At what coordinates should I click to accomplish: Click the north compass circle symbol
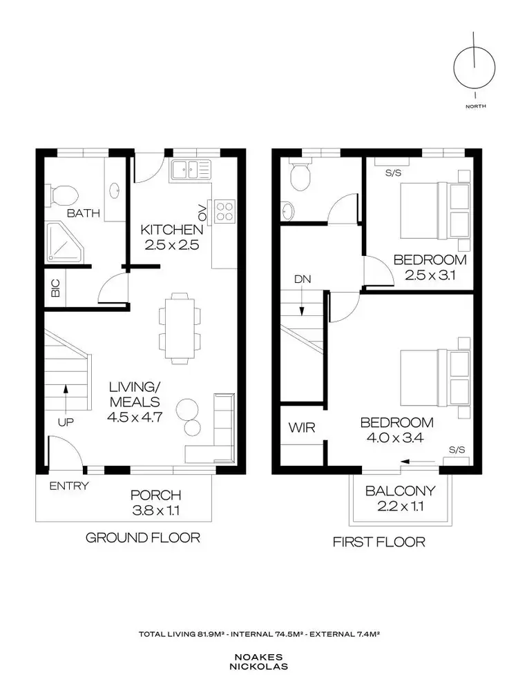475,68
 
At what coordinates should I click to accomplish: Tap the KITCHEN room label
172,229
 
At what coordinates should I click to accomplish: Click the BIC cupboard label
56,288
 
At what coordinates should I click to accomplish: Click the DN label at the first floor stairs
302,279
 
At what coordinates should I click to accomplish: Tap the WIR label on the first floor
301,428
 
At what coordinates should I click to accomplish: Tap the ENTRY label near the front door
69,486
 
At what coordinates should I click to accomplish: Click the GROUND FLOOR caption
142,537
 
